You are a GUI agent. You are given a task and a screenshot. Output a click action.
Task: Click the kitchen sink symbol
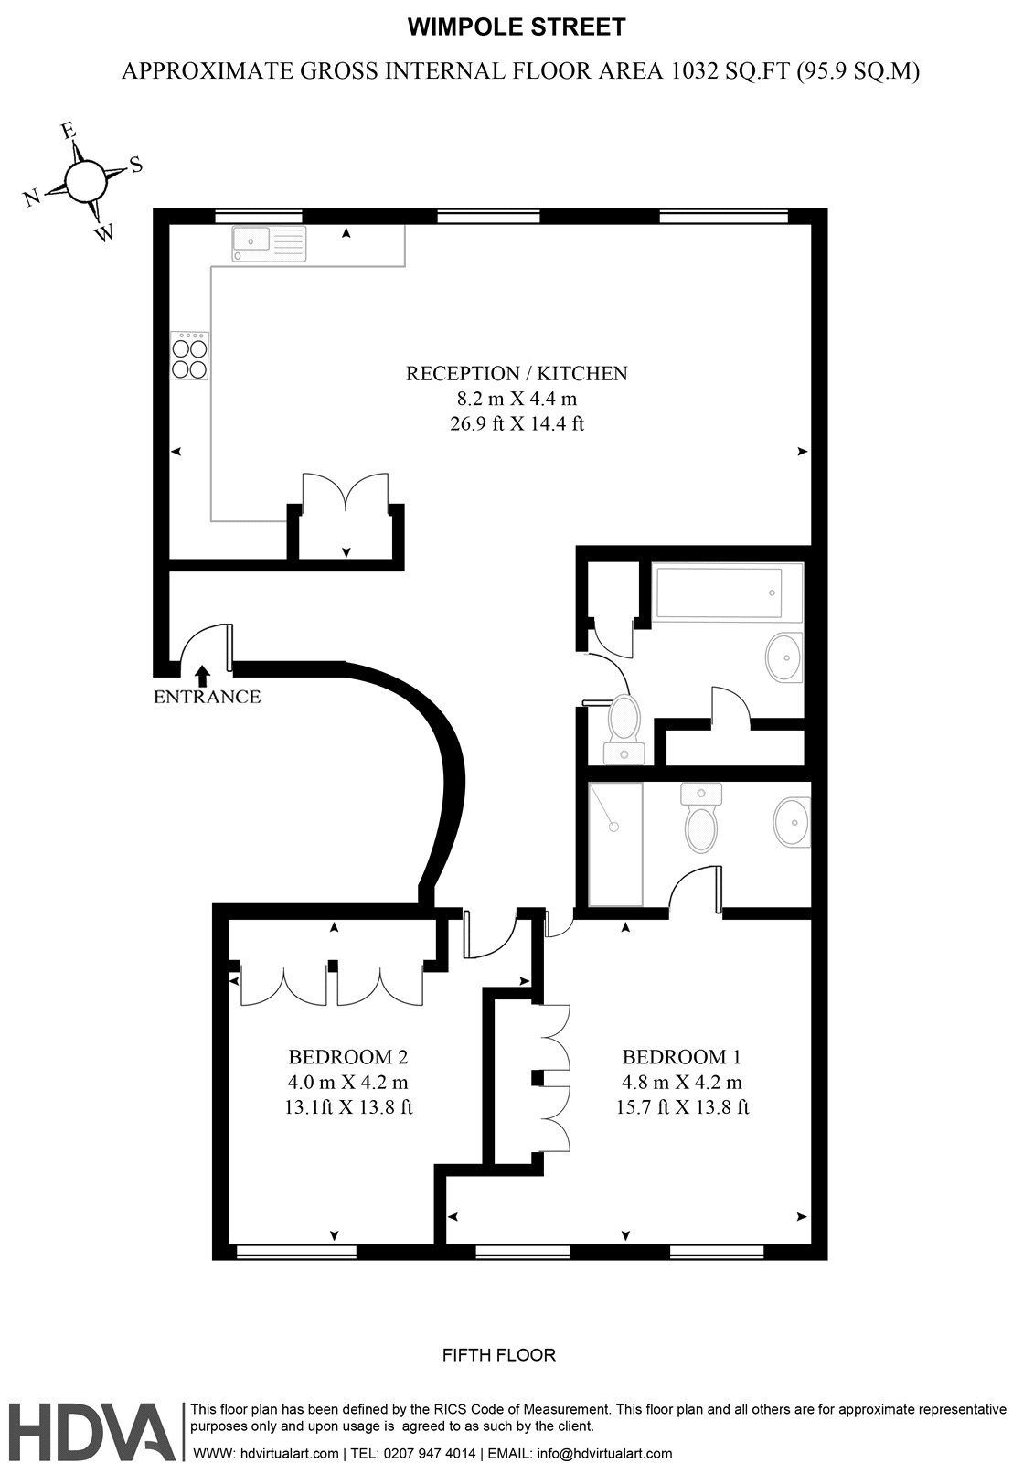268,242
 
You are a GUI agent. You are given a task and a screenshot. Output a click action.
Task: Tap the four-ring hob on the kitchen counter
189,358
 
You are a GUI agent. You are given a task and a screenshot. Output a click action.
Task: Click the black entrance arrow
202,675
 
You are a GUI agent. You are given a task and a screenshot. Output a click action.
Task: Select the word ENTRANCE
207,697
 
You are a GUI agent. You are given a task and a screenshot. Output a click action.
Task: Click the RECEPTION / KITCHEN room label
517,373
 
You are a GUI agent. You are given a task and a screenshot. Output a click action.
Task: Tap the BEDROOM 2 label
347,1057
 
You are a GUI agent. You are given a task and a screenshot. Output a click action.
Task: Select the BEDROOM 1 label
681,1057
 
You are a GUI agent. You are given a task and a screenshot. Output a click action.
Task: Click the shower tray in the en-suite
615,843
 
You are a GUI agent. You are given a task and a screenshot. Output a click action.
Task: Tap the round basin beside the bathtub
783,657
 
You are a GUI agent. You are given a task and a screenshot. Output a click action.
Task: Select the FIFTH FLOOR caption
498,1354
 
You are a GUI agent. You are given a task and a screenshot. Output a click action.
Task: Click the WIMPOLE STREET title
516,28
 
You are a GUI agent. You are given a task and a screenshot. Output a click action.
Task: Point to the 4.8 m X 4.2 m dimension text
681,1083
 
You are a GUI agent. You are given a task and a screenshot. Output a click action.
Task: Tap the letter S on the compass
136,165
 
